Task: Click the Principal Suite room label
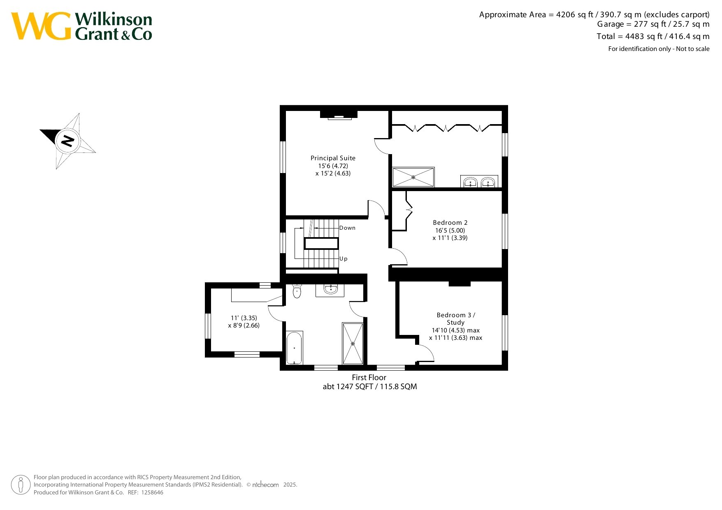click(x=333, y=158)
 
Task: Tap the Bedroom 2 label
click(x=450, y=223)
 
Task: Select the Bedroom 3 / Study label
click(x=456, y=319)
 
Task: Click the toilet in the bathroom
click(x=297, y=291)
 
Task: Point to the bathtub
click(x=294, y=348)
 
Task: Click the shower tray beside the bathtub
click(x=353, y=344)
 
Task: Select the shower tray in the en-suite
click(x=413, y=177)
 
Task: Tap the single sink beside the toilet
click(x=331, y=289)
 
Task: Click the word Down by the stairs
click(x=347, y=228)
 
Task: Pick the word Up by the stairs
click(x=344, y=259)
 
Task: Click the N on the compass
click(x=67, y=141)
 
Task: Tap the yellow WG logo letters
click(x=41, y=26)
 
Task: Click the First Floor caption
click(x=369, y=377)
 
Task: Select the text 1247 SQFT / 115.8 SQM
click(x=377, y=387)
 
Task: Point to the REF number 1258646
click(x=152, y=492)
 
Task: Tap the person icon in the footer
click(x=21, y=485)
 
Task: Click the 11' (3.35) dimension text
click(x=244, y=318)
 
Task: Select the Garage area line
click(x=653, y=24)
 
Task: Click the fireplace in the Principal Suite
click(x=339, y=115)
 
